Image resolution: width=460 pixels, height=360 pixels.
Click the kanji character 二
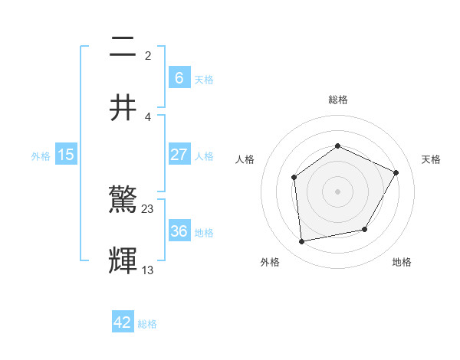click(x=123, y=47)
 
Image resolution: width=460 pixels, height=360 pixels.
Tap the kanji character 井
click(x=123, y=107)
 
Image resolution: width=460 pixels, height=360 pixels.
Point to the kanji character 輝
click(x=123, y=260)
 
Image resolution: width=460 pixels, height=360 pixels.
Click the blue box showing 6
click(x=179, y=78)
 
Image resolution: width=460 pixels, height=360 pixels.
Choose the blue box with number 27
click(x=179, y=155)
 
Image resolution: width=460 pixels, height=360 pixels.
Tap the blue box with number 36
click(x=179, y=231)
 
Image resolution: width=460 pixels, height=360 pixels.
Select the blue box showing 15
click(x=66, y=155)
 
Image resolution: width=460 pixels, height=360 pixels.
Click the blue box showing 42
click(x=123, y=322)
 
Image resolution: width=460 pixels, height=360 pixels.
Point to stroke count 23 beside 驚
click(x=148, y=208)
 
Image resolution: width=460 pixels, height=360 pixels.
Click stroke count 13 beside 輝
click(x=148, y=270)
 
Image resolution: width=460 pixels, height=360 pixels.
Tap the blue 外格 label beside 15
click(x=41, y=155)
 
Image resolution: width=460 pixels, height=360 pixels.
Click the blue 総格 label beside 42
click(x=147, y=324)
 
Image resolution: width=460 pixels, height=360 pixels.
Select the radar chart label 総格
click(x=337, y=100)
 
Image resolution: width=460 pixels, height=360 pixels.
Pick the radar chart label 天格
click(x=431, y=159)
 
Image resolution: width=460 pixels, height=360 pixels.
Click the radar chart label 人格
click(x=245, y=159)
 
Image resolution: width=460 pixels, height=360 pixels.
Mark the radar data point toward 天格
click(x=396, y=172)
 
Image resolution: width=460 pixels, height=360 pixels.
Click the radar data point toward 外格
click(x=302, y=241)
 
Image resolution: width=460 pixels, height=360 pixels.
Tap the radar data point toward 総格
click(x=337, y=146)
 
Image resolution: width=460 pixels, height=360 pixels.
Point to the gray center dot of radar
click(x=337, y=191)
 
